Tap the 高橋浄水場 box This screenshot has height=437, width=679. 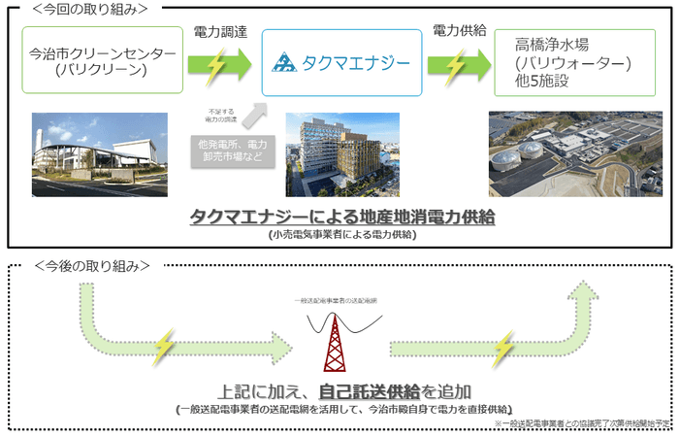[573, 64]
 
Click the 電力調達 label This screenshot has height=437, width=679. [220, 33]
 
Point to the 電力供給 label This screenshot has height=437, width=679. [459, 33]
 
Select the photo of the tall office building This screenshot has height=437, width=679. [340, 153]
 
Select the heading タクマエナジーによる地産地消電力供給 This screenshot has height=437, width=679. [342, 216]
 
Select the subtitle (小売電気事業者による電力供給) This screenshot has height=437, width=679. [340, 234]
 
